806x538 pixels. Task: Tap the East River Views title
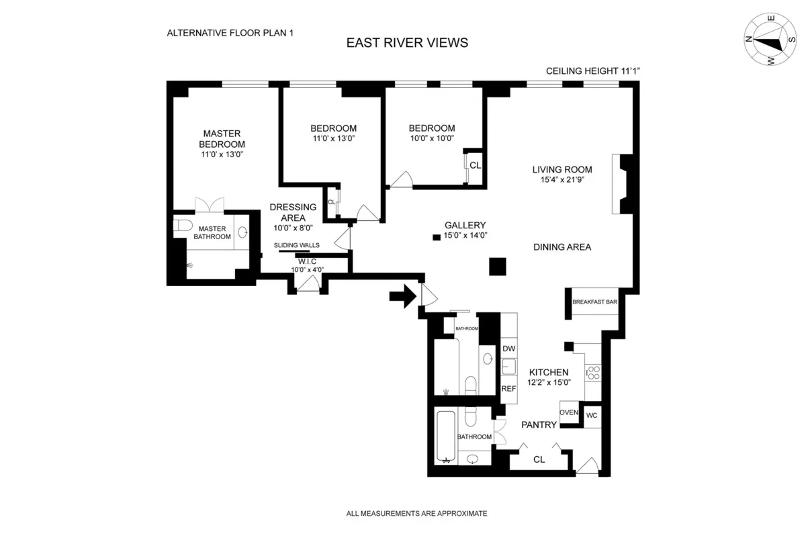[407, 43]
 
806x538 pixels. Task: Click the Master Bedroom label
[222, 139]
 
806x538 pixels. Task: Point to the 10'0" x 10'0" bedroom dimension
[432, 139]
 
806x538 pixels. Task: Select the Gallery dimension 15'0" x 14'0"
[465, 236]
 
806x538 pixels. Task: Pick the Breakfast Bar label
[594, 302]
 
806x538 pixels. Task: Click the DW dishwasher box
[508, 349]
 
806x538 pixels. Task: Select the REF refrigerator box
[508, 389]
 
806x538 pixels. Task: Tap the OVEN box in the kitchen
[569, 412]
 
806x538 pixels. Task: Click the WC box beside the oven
[591, 415]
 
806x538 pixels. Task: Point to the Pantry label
[540, 424]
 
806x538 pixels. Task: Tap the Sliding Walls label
[296, 245]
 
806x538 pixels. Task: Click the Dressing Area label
[287, 213]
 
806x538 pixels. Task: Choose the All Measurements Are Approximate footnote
[416, 513]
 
